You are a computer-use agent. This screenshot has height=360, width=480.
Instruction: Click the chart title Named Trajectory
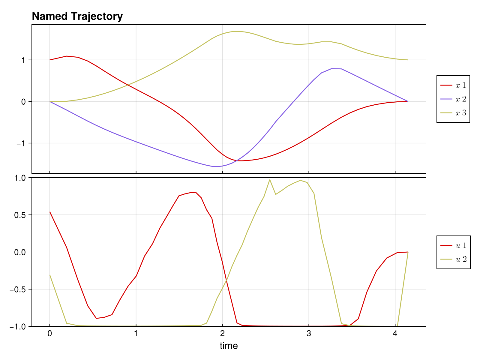tap(77, 16)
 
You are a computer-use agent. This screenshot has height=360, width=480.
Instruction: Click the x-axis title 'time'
tap(229, 346)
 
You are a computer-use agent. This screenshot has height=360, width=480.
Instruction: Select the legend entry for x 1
tap(453, 85)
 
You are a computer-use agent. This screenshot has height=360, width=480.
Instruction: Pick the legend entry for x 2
tap(453, 99)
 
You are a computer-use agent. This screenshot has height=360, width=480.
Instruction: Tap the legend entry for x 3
tap(453, 113)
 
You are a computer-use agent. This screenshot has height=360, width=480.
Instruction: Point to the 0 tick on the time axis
tap(50, 334)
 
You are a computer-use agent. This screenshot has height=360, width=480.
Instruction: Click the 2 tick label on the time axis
tap(222, 334)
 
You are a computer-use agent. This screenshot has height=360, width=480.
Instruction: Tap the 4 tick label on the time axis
tap(395, 334)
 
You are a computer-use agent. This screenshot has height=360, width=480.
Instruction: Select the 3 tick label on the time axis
tap(309, 334)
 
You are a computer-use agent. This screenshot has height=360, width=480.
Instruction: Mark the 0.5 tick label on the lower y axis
tap(21, 215)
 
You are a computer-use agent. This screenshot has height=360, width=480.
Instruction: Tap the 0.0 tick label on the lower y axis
tap(21, 252)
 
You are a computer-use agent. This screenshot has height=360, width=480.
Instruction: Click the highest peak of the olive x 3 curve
tap(237, 31)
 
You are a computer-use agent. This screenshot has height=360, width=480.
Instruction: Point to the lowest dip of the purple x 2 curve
tap(217, 166)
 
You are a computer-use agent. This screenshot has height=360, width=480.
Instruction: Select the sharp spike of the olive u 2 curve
tap(270, 180)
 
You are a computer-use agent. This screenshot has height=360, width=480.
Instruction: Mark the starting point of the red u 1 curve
tap(50, 212)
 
